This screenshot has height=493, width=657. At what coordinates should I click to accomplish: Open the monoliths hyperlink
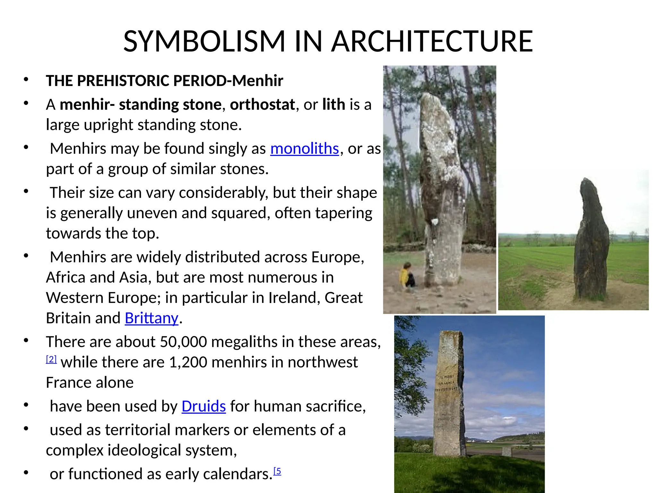click(304, 149)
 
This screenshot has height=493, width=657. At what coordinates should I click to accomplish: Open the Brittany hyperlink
click(151, 318)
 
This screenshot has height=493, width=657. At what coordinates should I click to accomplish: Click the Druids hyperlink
click(204, 406)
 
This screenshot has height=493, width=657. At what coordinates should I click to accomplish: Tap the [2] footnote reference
click(51, 359)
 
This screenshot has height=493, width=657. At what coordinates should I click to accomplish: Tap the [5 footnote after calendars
click(277, 471)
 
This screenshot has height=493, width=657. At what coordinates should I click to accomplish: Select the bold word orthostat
click(262, 105)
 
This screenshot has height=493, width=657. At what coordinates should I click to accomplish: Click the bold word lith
click(334, 105)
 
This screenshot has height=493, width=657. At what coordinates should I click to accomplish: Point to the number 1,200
click(188, 362)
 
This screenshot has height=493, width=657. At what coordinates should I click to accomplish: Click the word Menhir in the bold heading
click(258, 81)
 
